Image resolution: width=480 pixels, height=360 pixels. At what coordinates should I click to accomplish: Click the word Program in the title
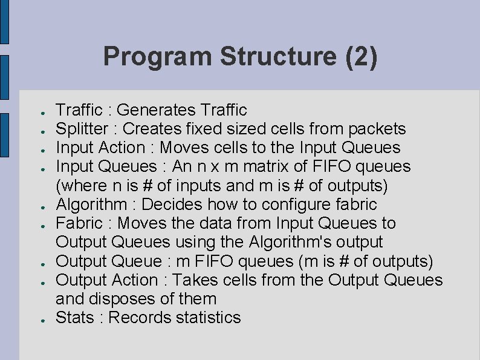(x=158, y=57)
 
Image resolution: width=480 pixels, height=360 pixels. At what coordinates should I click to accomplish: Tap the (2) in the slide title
(x=361, y=57)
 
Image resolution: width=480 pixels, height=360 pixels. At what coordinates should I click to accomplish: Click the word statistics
(x=209, y=318)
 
